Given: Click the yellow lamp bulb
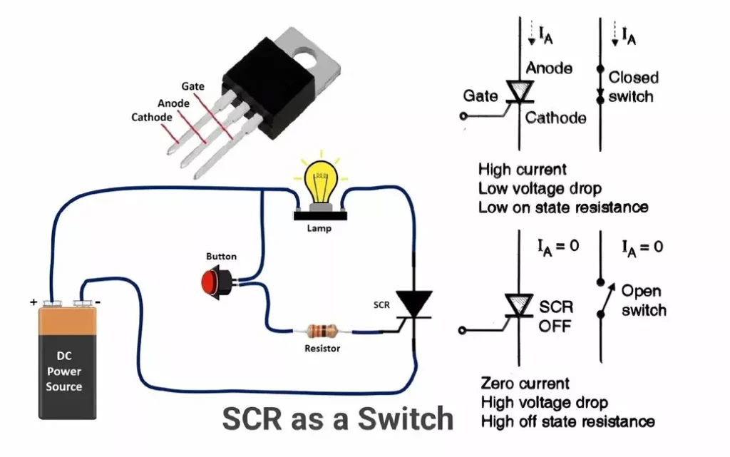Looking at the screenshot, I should coord(321,180).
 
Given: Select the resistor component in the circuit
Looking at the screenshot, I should coord(322,331).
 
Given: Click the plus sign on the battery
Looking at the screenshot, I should coord(34,302).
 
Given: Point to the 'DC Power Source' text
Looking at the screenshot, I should coord(64,371).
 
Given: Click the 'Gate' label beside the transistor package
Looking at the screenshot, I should coord(192,86).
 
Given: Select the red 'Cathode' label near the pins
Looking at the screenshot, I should coord(151,117).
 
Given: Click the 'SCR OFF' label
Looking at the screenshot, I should coord(555,317).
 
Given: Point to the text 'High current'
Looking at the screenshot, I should coord(523,170).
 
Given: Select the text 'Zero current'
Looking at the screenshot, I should coord(525,384).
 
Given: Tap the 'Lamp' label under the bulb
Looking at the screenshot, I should coord(319,229).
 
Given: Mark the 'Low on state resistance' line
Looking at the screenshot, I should coord(563,207).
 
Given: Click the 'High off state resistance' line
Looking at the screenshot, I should coord(567,421).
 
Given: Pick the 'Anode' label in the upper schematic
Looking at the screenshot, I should coord(549,68).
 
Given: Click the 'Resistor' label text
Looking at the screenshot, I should coord(322,349).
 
